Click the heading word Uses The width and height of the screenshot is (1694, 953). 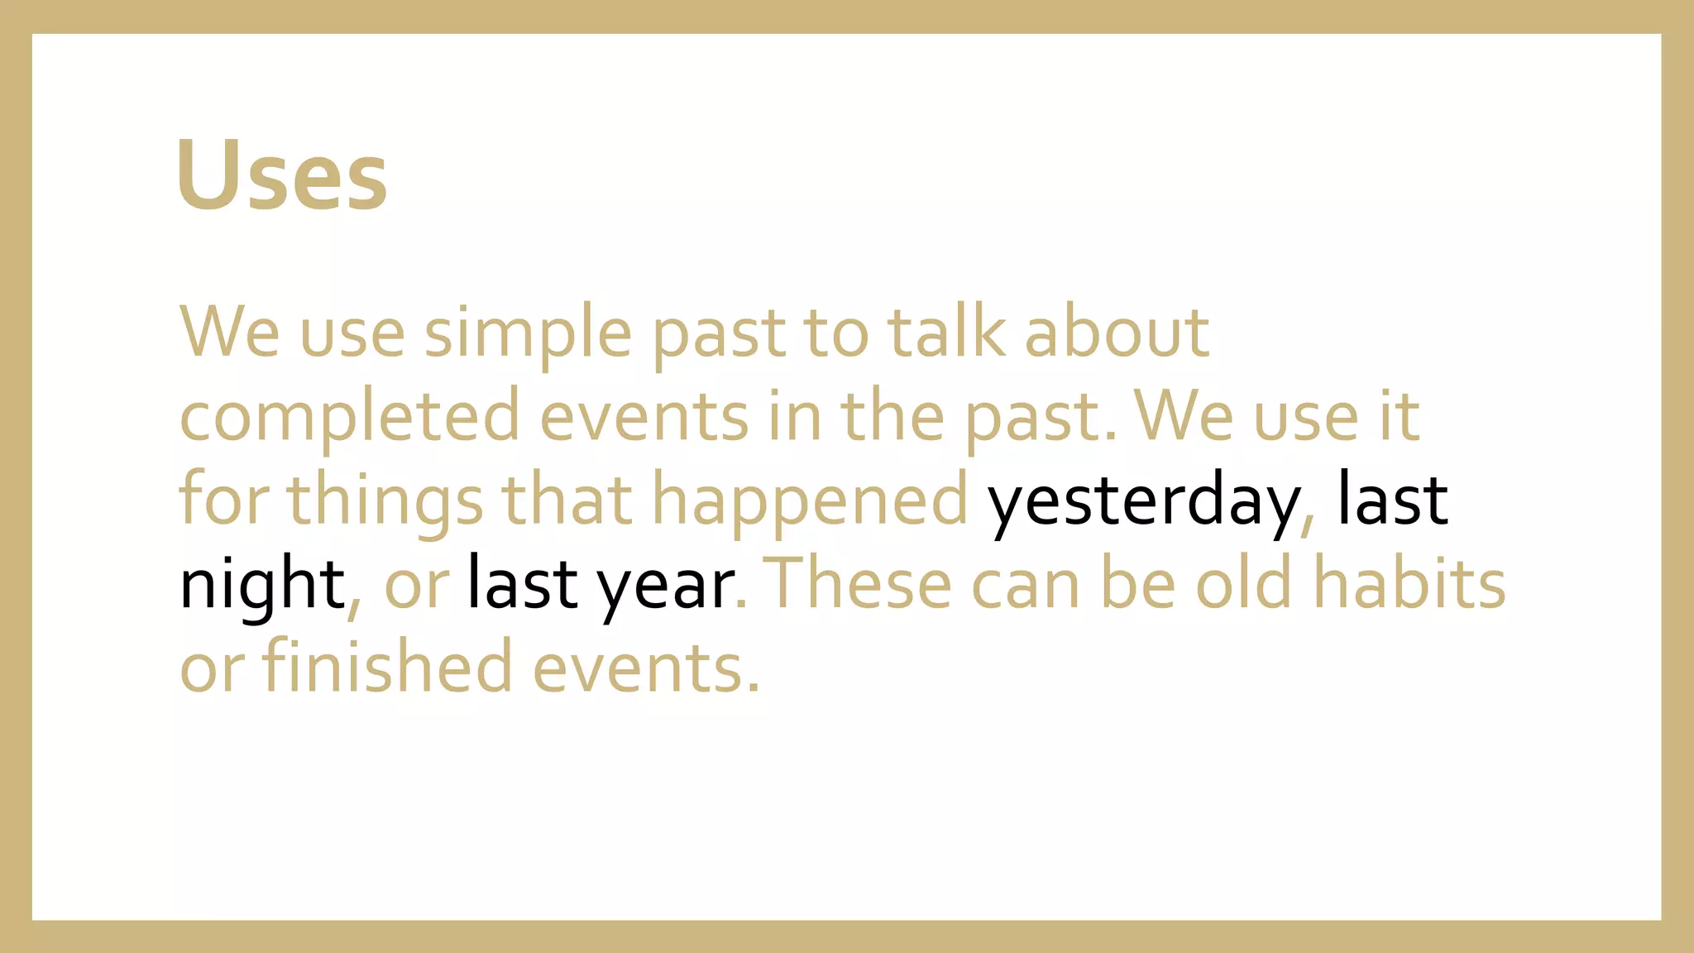pos(281,175)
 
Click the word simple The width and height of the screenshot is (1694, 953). pos(528,333)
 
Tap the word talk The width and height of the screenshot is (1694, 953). pos(946,332)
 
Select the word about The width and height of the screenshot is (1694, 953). pos(1117,332)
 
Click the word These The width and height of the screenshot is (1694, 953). pos(860,583)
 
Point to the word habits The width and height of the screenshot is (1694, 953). pos(1409,583)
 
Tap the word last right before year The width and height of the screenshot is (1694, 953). pos(522,583)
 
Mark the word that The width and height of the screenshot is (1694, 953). pos(567,500)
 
